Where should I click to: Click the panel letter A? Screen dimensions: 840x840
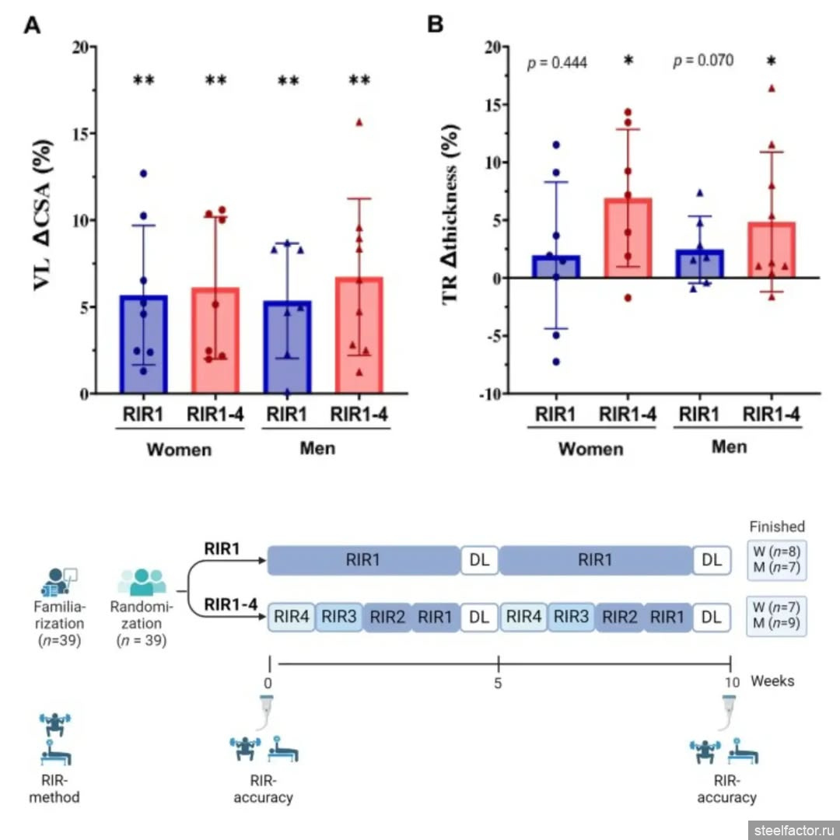coord(33,25)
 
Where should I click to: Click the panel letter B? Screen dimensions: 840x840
coord(436,25)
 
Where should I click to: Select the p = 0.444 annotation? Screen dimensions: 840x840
coord(557,62)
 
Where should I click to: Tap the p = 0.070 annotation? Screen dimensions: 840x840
coord(703,61)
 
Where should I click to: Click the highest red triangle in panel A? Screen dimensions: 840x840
coord(359,122)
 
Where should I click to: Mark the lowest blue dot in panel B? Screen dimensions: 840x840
coord(556,362)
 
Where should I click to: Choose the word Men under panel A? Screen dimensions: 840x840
coord(318,449)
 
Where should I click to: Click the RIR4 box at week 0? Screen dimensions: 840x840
coord(292,618)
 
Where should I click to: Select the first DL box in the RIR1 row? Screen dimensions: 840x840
coord(479,560)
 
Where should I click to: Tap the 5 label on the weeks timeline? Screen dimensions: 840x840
coord(498,683)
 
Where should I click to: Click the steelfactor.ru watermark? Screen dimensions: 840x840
coord(793,830)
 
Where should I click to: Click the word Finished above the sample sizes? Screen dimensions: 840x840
coord(776,527)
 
